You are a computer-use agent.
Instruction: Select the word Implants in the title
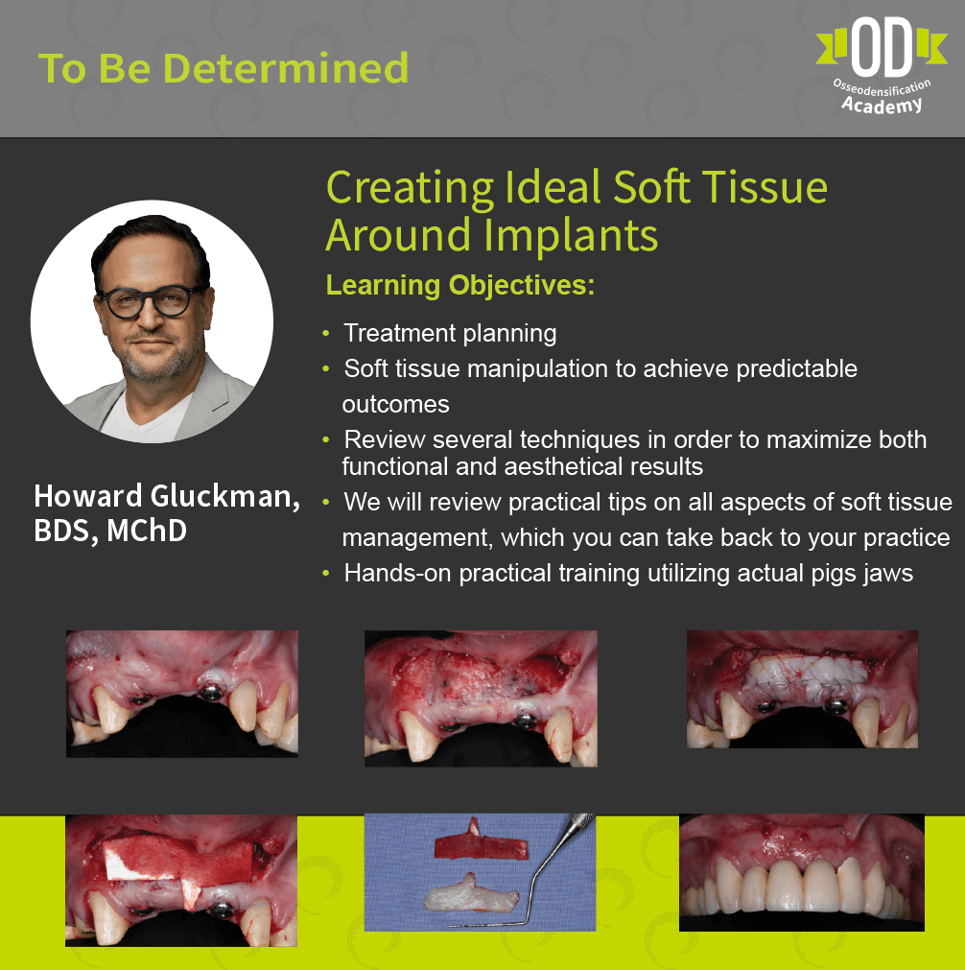pos(570,236)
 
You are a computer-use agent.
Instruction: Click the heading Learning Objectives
pos(460,285)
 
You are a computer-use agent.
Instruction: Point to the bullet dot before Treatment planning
pos(326,334)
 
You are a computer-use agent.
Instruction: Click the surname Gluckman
pos(225,496)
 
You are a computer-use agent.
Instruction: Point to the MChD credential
pos(147,531)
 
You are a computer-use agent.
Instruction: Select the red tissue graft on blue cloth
pos(480,842)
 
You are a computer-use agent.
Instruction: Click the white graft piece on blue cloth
pos(472,894)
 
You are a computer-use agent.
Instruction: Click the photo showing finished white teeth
pos(802,873)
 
